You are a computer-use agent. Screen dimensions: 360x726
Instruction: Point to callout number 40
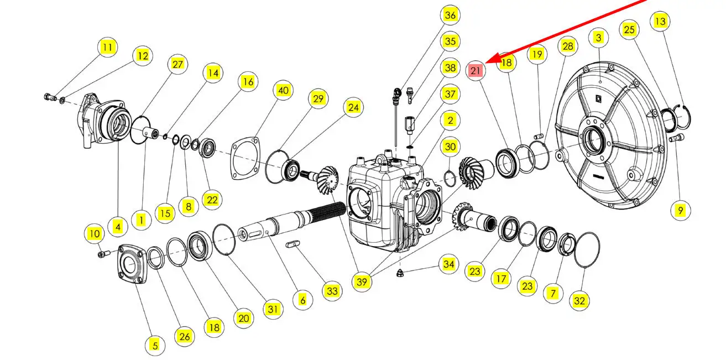click(284, 91)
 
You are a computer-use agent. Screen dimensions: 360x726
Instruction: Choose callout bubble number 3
click(598, 38)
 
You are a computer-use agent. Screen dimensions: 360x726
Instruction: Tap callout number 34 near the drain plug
click(448, 265)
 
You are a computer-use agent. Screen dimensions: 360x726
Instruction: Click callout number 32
click(579, 301)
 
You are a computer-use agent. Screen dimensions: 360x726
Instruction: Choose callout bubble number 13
click(660, 22)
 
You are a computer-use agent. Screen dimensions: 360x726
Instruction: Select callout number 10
click(94, 233)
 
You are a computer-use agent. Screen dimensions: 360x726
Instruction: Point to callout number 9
click(680, 210)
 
